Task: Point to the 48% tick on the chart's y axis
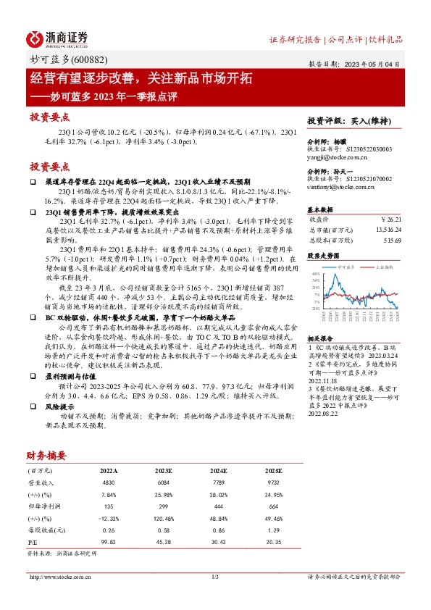[317, 275]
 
